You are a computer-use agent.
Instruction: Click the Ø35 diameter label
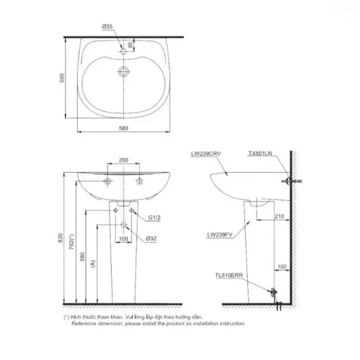(x=108, y=27)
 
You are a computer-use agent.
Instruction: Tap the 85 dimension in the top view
(x=130, y=45)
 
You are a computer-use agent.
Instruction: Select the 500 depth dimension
(x=62, y=78)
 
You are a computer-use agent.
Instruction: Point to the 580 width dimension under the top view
(x=123, y=128)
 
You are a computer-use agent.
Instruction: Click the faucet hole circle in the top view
(x=123, y=51)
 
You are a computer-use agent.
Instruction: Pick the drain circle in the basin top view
(x=124, y=71)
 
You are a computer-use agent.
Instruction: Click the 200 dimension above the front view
(x=123, y=160)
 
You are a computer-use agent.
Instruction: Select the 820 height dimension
(x=60, y=238)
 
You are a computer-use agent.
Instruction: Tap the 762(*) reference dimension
(x=72, y=242)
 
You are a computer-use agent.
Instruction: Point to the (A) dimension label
(x=93, y=263)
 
